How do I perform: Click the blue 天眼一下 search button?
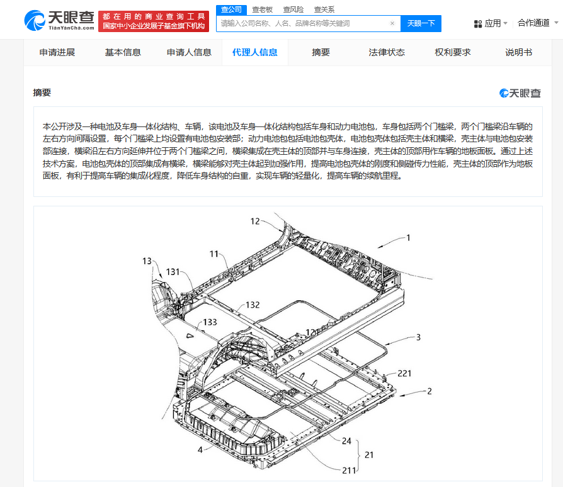(x=421, y=24)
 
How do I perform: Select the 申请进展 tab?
(x=57, y=53)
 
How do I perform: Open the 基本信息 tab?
(x=123, y=53)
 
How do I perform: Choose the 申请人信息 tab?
(x=189, y=53)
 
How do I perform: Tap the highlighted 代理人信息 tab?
(x=255, y=53)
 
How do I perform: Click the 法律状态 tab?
(x=387, y=53)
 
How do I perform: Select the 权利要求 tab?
(x=452, y=53)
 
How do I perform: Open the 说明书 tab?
(x=518, y=53)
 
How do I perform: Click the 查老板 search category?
(x=263, y=9)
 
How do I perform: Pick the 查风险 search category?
(x=293, y=9)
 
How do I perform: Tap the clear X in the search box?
(x=392, y=23)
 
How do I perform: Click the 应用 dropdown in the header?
(x=491, y=24)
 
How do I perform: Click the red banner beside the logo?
(x=154, y=21)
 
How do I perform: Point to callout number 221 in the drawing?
(x=404, y=374)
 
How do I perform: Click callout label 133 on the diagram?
(x=210, y=322)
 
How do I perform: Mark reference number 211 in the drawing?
(x=349, y=471)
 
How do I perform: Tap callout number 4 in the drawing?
(x=200, y=450)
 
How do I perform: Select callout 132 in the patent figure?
(x=253, y=305)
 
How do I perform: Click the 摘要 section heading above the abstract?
(x=42, y=92)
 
